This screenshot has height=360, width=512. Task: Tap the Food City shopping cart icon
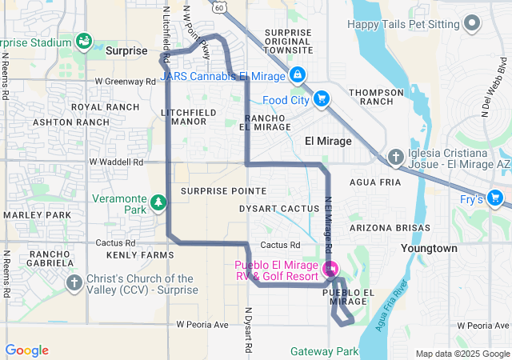coord(321,99)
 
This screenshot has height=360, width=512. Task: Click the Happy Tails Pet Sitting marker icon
coord(474,24)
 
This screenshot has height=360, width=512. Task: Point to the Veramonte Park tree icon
coord(159,203)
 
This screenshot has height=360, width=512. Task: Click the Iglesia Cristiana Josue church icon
coord(395,158)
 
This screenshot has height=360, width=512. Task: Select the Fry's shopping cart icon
coord(495,198)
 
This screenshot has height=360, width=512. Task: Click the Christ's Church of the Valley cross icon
coord(74,282)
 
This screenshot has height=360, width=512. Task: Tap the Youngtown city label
coord(429,248)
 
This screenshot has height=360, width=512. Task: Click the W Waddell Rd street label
coord(115,161)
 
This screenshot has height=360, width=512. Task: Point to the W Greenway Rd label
coord(124,81)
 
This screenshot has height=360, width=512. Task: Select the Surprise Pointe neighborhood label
coord(223,191)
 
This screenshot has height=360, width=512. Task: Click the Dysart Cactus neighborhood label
coord(279,209)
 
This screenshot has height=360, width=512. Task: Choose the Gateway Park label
coord(324,351)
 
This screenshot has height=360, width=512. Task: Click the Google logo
coord(26,350)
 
